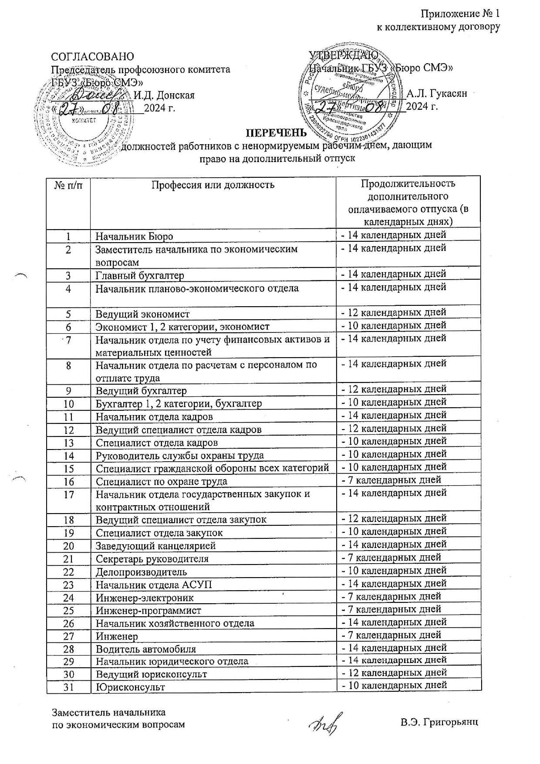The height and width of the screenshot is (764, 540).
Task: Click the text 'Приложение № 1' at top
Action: click(460, 14)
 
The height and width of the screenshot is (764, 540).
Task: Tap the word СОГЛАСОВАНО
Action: click(93, 57)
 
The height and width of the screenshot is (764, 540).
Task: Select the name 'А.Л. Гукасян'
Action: click(436, 94)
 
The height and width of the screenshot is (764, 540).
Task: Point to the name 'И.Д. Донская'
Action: click(164, 95)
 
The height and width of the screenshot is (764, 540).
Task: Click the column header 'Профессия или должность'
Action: click(213, 185)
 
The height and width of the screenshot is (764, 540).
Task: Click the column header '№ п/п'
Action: click(68, 185)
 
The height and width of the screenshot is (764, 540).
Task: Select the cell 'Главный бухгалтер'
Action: click(140, 276)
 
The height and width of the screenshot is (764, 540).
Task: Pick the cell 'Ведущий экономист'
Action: click(142, 314)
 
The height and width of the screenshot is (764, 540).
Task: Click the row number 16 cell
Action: click(68, 481)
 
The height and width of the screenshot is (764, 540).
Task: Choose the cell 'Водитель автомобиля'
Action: click(145, 649)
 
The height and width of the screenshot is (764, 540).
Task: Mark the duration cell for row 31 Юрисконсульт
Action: click(394, 685)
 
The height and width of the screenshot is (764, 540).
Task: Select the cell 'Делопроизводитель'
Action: click(141, 571)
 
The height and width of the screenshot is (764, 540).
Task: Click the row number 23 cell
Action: click(68, 585)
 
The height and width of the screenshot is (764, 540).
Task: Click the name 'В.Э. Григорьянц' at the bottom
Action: click(439, 722)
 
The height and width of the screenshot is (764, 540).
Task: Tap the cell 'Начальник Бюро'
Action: click(134, 237)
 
